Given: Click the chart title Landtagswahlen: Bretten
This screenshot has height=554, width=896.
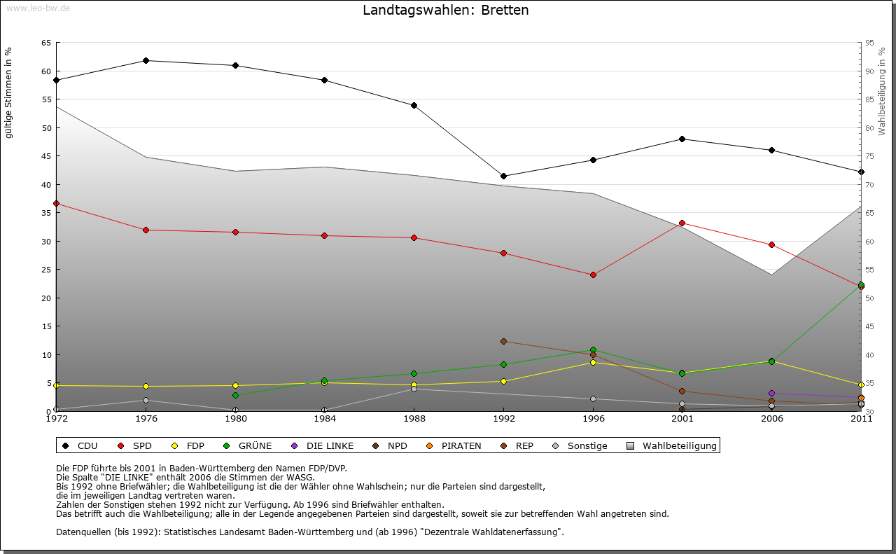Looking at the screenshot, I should pos(445,11).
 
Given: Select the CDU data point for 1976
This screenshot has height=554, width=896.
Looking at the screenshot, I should pos(146,60).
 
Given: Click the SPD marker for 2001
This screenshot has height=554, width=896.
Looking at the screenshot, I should pos(682,223).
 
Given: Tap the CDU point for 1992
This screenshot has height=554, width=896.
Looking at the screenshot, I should pos(503,176).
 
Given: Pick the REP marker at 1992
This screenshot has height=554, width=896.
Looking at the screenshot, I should pos(503,342).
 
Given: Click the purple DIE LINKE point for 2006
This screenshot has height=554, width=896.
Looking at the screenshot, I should pos(771,393).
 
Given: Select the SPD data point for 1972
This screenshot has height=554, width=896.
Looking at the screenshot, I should pos(57,204).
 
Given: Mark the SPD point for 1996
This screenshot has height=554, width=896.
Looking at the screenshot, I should pos(593,275).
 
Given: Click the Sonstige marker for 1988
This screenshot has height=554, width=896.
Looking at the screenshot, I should pos(414,389).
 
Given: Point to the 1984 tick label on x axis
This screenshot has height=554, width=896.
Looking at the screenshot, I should pos(324,419).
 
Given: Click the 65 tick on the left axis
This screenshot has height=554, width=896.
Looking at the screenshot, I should pos(46,43).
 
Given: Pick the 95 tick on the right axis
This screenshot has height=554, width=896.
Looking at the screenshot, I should pos(869,43).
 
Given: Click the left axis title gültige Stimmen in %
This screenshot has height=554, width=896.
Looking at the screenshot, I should pos(9,92).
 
